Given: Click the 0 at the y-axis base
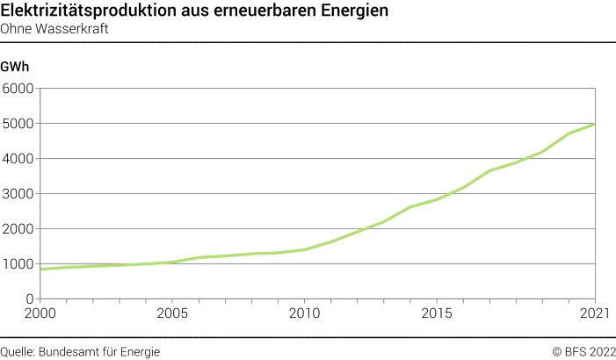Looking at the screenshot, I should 29,299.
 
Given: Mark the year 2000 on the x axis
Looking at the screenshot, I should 40,313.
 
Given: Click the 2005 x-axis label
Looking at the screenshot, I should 171,313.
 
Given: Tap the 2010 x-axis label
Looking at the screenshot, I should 304,313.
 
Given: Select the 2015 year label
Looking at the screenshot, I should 436,313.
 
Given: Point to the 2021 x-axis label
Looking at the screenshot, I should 594,313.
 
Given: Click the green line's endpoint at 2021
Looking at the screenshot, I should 595,124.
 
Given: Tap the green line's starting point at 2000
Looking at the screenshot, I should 40,269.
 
